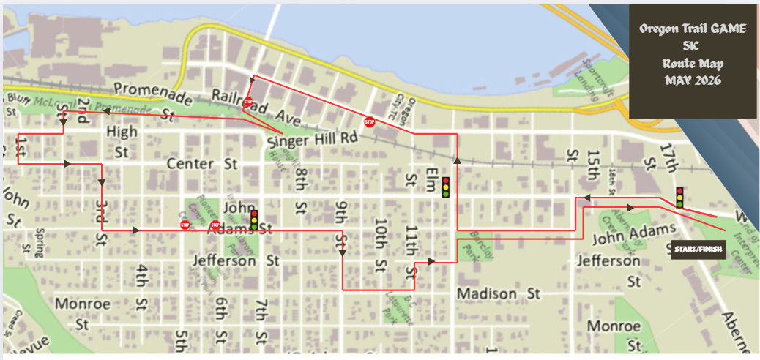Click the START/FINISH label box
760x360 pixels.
697,250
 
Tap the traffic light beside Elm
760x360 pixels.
445,187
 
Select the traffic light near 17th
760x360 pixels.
679,197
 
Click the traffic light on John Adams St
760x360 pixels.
254,220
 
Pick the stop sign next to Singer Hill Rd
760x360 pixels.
370,122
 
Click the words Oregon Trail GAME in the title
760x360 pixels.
693,29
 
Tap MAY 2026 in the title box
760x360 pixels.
693,80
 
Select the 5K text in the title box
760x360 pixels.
693,46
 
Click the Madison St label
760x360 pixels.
498,293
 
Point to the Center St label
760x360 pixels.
204,162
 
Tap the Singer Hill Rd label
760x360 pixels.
313,139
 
